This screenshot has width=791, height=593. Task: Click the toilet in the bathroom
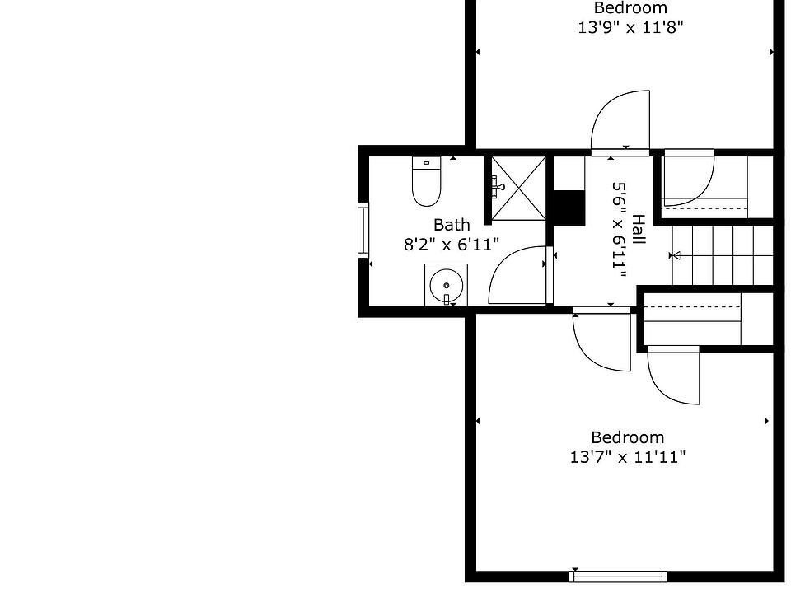click(426, 186)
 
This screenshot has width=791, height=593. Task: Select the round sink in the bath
click(446, 286)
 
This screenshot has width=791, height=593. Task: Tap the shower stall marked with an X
click(520, 188)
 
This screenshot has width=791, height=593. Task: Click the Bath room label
click(452, 225)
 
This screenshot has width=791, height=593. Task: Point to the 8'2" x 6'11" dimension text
click(452, 244)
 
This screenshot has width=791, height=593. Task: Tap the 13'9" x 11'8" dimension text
click(630, 26)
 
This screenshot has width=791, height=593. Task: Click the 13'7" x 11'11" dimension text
click(627, 457)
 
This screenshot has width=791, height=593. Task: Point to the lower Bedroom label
click(627, 437)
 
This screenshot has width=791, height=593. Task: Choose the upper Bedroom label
click(630, 8)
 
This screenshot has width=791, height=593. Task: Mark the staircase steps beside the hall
click(721, 255)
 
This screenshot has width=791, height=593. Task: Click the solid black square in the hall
click(568, 208)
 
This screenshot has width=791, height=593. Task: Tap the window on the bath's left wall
click(363, 230)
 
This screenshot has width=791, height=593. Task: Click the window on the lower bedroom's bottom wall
click(618, 576)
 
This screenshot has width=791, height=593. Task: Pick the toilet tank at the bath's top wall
click(426, 163)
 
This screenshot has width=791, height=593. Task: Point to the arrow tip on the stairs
click(675, 256)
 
